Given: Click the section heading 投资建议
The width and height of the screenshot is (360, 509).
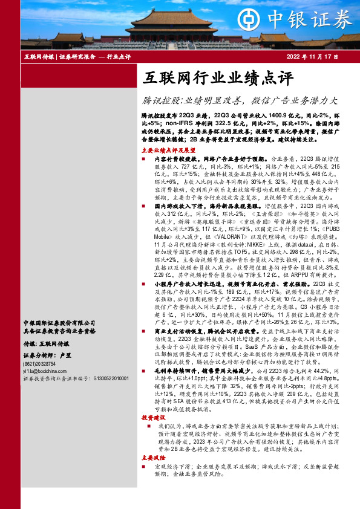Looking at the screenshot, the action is click(152, 418).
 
